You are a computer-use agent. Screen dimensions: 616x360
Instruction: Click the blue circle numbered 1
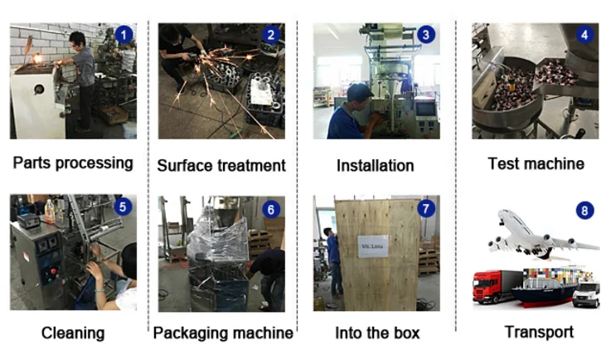124,35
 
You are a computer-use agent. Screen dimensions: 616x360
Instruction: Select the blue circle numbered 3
425,35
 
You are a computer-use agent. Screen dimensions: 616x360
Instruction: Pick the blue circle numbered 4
584,35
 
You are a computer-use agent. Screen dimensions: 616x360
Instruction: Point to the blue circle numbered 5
124,207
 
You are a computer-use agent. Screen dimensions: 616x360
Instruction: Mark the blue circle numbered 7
425,208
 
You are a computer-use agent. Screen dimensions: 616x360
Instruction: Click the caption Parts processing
73,163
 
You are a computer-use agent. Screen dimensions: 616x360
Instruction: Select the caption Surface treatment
221,165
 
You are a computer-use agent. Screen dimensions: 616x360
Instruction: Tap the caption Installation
375,165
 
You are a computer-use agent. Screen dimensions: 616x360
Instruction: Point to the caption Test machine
536,163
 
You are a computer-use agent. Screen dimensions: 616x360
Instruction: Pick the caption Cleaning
73,333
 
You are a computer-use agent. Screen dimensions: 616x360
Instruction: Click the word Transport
539,332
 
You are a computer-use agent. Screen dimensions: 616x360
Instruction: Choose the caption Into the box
377,333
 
